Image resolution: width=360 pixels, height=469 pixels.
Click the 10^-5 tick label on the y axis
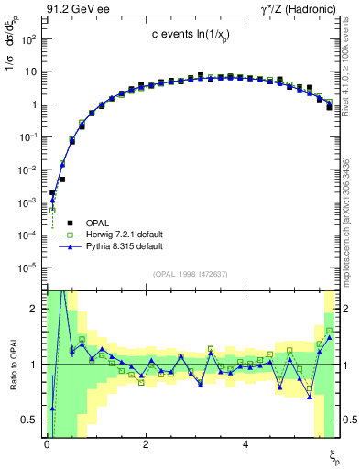point(27,267)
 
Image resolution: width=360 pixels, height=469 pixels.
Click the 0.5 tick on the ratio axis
point(27,420)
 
